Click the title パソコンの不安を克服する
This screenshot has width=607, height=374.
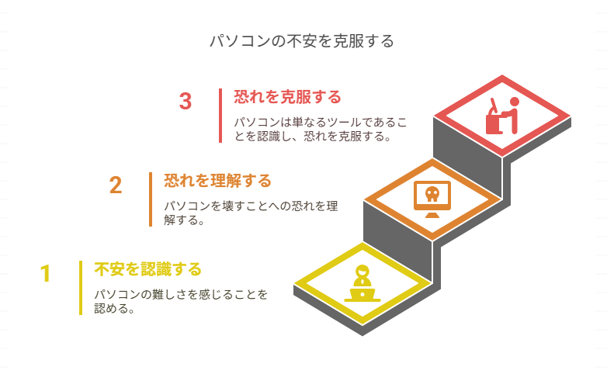coord(303,41)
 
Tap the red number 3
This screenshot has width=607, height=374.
coord(185,102)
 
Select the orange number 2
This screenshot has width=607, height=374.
coord(116,185)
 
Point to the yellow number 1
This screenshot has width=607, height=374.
coord(46,273)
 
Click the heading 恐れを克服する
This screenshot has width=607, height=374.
coord(287,98)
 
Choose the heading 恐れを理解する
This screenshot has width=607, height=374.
coord(217,182)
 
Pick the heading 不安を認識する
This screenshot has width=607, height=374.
coord(147,269)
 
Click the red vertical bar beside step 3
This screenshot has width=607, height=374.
coord(220,116)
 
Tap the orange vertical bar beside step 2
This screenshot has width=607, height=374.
coord(151,199)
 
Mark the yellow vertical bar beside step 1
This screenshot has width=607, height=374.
coord(81,288)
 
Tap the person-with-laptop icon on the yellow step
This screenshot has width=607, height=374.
coord(362,284)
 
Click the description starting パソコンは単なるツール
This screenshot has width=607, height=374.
coord(320,130)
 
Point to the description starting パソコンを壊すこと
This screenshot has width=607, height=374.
coord(250,213)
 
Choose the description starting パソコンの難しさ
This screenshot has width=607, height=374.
coord(180,301)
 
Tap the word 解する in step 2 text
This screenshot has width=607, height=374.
coord(179,220)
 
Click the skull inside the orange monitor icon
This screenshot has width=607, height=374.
coord(432,194)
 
